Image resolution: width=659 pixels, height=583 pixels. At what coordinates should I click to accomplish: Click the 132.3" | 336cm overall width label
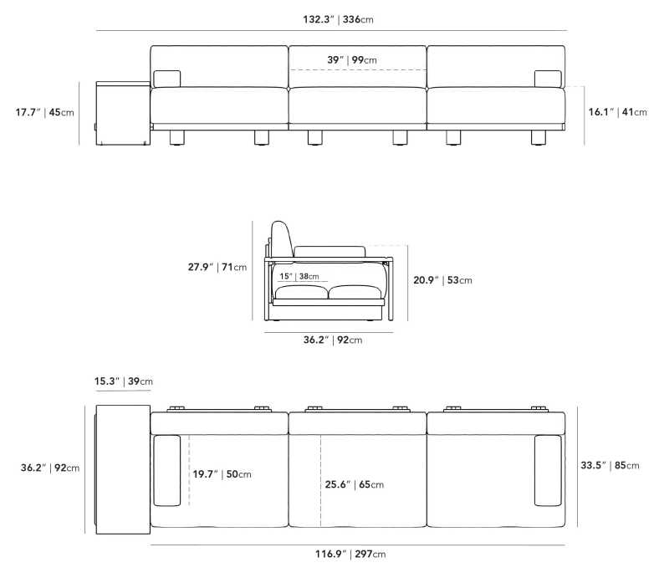(338, 19)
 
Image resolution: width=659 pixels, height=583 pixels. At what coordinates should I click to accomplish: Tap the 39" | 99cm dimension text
(352, 59)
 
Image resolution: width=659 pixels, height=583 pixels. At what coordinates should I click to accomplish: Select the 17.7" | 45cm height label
(44, 112)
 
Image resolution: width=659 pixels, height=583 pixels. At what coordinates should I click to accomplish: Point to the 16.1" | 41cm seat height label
(617, 112)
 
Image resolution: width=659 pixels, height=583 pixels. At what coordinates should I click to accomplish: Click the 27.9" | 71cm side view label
(217, 267)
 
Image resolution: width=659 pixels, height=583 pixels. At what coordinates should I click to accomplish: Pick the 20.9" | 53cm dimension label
(442, 280)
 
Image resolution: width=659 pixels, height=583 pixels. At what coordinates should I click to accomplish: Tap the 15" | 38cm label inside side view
(299, 276)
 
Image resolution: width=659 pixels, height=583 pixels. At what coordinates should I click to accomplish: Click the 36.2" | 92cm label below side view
(333, 340)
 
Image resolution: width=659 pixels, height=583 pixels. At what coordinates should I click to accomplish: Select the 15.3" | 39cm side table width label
(123, 381)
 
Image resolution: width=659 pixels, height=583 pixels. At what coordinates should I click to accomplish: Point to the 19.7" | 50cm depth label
(222, 474)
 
